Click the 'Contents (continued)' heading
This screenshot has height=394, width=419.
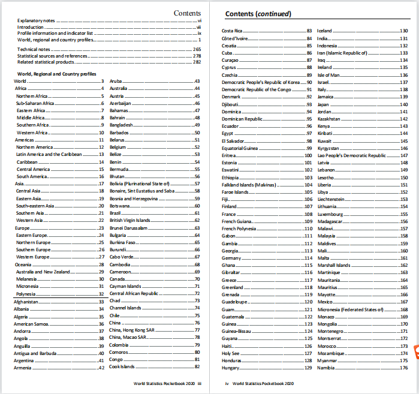coord(258,13)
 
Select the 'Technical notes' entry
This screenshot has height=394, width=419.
coord(34,49)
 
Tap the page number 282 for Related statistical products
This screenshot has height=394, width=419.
coord(197,62)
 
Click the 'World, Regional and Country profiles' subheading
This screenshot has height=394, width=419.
coord(56,74)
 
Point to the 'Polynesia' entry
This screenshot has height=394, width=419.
coord(27,294)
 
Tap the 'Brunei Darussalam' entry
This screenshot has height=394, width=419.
coord(131,228)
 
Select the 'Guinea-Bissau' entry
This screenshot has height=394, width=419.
coord(237,331)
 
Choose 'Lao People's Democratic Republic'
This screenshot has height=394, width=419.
coord(351,155)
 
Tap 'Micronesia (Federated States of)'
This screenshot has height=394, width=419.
coord(349,309)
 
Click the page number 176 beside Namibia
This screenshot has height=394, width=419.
coord(404,368)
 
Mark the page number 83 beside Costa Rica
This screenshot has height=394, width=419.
coord(309,31)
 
